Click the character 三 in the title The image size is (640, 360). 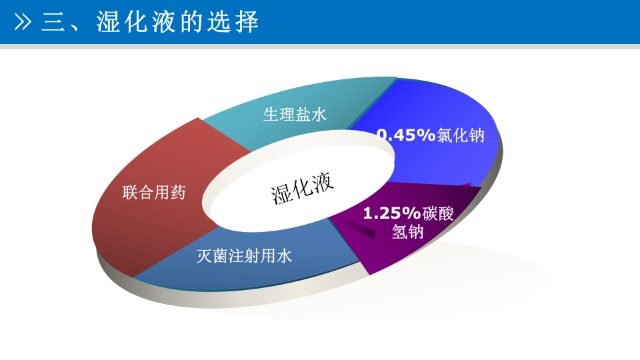53,23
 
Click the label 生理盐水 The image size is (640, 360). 295,115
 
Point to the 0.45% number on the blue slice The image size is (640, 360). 405,135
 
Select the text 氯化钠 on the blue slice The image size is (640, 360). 460,135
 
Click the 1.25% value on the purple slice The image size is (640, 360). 391,213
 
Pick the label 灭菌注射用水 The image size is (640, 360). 245,255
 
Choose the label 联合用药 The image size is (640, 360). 154,193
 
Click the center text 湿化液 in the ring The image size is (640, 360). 302,189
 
